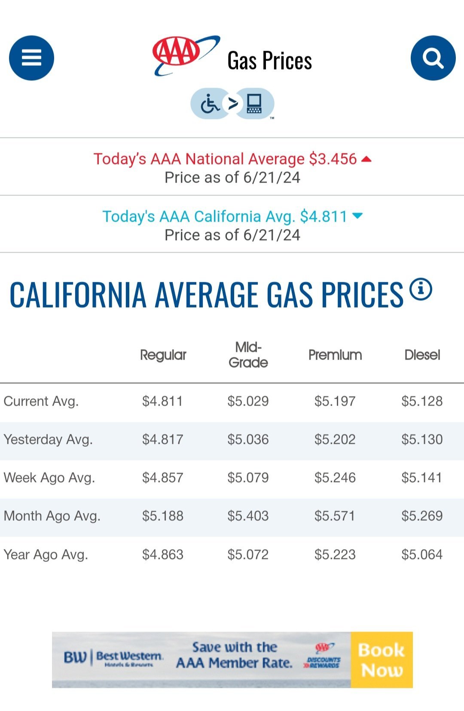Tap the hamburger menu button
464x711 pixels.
pyautogui.click(x=31, y=58)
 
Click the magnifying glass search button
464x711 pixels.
pyautogui.click(x=433, y=58)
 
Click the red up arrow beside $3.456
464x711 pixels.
pyautogui.click(x=366, y=159)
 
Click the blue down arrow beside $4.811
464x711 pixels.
pyautogui.click(x=357, y=216)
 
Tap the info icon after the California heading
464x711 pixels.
pyautogui.click(x=421, y=289)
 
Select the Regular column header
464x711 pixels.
pyautogui.click(x=163, y=355)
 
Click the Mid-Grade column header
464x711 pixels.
pyautogui.click(x=248, y=355)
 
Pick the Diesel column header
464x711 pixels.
pyautogui.click(x=422, y=355)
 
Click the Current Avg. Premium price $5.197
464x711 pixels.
pyautogui.click(x=335, y=401)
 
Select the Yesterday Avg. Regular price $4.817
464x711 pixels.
pyautogui.click(x=163, y=439)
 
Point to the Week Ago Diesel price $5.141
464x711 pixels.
pyautogui.click(x=421, y=478)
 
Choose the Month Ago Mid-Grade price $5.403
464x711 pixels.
pyautogui.click(x=248, y=516)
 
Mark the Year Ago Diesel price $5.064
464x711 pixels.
pyautogui.click(x=422, y=555)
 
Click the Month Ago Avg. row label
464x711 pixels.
pyautogui.click(x=52, y=516)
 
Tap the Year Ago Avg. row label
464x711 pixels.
pyautogui.click(x=46, y=555)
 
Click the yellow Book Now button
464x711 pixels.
pyautogui.click(x=382, y=660)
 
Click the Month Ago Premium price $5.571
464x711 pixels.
pyautogui.click(x=335, y=516)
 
